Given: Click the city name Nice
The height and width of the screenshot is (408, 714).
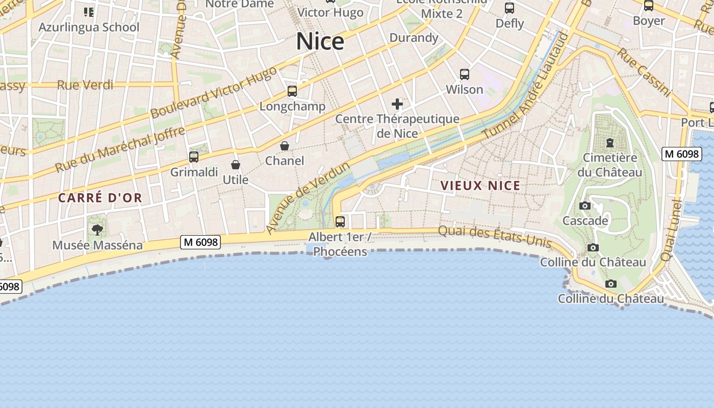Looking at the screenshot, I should (x=320, y=41).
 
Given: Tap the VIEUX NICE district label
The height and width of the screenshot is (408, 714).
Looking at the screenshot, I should (x=480, y=186).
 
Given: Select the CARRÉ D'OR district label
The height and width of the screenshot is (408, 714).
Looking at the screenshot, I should (x=100, y=198).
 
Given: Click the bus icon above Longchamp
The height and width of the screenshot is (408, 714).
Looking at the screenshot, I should (x=292, y=91).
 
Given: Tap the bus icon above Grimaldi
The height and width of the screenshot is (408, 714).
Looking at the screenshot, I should (x=194, y=157).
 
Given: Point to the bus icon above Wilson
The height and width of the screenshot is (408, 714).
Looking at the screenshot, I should (x=465, y=74).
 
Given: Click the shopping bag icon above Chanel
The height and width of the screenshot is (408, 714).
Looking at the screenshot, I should (x=285, y=146).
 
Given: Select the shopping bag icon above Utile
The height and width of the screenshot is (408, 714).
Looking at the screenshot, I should (x=236, y=165).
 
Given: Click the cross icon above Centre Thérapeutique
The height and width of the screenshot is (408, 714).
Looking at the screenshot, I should (x=397, y=105).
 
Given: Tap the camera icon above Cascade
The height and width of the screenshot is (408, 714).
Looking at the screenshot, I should (x=585, y=206).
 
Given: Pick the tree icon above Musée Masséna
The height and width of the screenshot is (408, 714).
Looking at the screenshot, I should (x=97, y=230).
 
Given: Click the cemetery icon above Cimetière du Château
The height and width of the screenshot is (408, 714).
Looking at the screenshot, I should (x=609, y=142).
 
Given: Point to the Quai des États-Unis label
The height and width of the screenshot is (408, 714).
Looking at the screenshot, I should (x=495, y=237).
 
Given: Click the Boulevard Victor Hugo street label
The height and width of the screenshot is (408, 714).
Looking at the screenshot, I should (x=214, y=92).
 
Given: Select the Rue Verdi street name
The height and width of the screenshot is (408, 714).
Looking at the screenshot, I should (x=85, y=85).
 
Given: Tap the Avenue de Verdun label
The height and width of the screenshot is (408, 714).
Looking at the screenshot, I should (x=308, y=198).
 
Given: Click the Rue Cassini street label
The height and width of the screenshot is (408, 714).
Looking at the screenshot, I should (x=644, y=72).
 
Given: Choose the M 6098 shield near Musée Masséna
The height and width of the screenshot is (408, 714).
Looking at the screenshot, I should (x=200, y=242).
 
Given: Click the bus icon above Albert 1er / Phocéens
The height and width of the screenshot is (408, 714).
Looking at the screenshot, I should (x=340, y=222).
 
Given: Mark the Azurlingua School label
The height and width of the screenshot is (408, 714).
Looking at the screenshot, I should (x=89, y=27).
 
